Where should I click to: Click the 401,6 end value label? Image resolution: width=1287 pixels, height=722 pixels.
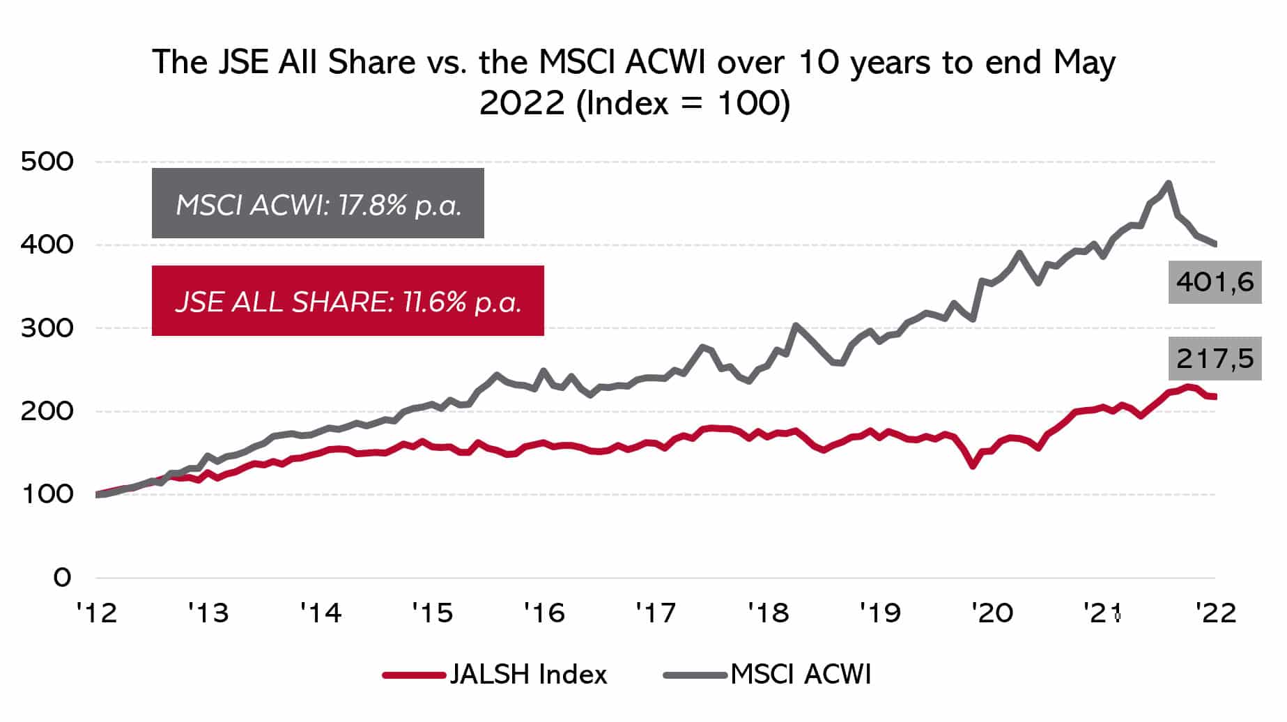point(1215,282)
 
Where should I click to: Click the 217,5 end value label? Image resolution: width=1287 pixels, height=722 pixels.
point(1215,359)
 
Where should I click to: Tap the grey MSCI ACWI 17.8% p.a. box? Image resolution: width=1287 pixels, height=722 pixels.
point(318,203)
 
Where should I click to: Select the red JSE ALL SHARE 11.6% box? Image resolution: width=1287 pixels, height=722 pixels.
point(348,301)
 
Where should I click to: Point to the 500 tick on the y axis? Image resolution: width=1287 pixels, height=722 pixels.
point(47,162)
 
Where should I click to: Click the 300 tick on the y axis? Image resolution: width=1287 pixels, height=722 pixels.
point(47,328)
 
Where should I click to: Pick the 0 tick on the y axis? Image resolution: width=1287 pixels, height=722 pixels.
point(62,577)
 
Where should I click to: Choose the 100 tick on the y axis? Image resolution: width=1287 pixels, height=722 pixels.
point(47,494)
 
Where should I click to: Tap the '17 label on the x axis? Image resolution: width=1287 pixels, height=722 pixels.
point(656,613)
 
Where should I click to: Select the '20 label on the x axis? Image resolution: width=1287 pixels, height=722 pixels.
point(992,613)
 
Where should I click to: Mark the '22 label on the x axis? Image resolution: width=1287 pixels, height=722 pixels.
point(1216,613)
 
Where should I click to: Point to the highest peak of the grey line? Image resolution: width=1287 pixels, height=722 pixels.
point(1168,183)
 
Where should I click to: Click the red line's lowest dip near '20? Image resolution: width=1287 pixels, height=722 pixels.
point(973,466)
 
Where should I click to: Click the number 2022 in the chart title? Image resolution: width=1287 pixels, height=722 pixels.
point(522,103)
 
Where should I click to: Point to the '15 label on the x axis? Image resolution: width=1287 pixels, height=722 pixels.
point(433,613)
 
